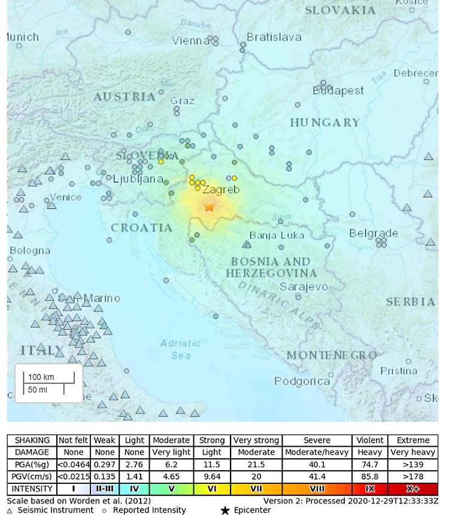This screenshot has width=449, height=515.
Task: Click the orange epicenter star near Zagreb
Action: (x=209, y=207)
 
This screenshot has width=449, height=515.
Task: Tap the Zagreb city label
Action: (x=221, y=190)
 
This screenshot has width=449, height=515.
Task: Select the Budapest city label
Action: (x=338, y=91)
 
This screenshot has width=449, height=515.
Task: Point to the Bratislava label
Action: (x=274, y=37)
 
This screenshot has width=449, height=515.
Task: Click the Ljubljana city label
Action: (x=138, y=179)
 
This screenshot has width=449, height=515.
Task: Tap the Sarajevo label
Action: (x=304, y=287)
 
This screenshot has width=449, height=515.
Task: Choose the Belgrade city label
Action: (x=374, y=233)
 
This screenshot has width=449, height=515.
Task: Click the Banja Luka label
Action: (x=275, y=235)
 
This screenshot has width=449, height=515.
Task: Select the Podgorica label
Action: (x=302, y=381)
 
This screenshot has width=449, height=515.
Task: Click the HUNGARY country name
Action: (x=325, y=123)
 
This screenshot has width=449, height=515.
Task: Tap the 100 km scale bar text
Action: (x=41, y=377)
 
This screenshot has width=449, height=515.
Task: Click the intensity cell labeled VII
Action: (x=256, y=489)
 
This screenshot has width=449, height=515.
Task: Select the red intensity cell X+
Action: (x=412, y=489)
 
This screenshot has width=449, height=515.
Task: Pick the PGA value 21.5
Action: (x=256, y=465)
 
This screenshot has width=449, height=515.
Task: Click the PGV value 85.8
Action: (x=369, y=477)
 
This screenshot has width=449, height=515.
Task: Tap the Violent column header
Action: (x=369, y=440)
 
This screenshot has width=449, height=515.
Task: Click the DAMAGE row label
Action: (x=32, y=452)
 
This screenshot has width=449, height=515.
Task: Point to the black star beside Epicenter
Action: (x=225, y=510)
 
